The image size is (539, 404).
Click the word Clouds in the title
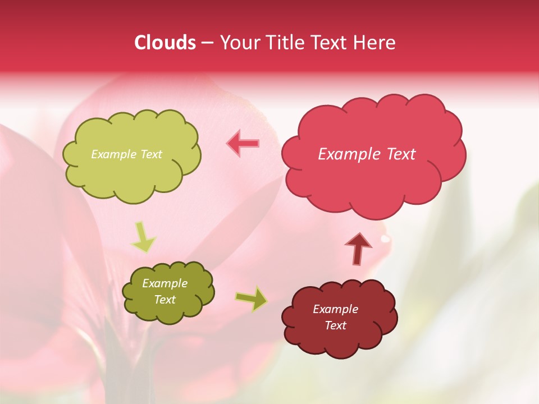165,43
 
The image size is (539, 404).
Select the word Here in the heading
374,43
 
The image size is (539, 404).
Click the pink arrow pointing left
243,144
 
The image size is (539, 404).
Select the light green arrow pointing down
143,238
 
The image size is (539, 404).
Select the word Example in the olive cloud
165,284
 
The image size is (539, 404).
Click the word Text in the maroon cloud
335,325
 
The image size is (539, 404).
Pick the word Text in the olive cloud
165,300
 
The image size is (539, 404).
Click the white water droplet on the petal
385,239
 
